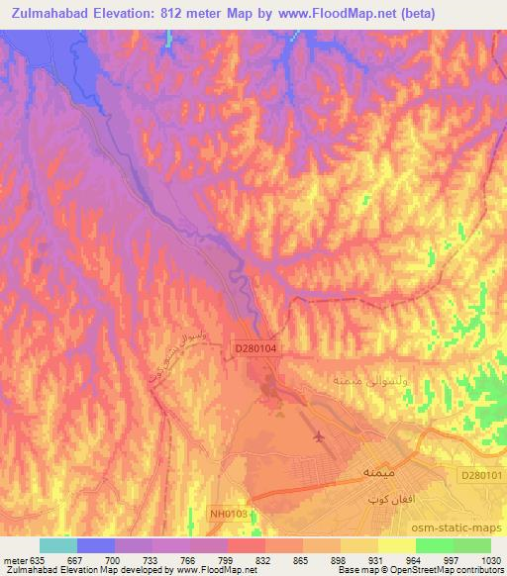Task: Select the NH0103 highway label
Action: point(229,513)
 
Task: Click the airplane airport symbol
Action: point(318,435)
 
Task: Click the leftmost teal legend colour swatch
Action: point(57,545)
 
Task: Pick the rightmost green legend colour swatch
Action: point(471,545)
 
